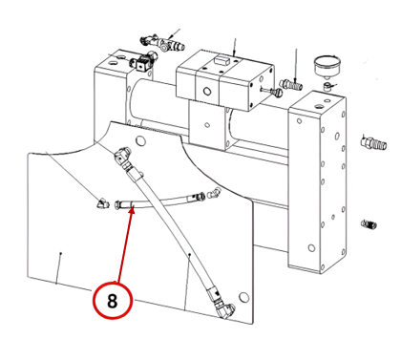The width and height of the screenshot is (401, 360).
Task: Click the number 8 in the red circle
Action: tap(112, 301)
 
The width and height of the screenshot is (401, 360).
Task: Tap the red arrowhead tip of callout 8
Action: tap(133, 206)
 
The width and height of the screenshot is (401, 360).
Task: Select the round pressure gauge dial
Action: tap(327, 65)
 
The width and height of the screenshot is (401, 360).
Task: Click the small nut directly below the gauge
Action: tap(326, 86)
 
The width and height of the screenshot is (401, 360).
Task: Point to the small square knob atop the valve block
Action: tap(222, 59)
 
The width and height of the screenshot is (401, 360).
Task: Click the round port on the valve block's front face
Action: tap(207, 92)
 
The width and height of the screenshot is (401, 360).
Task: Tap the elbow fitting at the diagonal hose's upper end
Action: tap(122, 155)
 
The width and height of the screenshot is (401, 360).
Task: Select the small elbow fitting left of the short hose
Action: tap(103, 203)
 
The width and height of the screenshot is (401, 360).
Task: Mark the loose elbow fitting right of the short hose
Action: tap(214, 193)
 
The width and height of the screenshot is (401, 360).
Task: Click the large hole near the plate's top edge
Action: tap(140, 140)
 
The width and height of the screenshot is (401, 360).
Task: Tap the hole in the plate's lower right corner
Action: tap(243, 297)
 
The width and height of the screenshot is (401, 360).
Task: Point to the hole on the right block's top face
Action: tap(318, 106)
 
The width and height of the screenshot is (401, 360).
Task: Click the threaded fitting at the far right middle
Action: tap(373, 142)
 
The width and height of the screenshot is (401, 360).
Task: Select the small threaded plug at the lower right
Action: tap(369, 224)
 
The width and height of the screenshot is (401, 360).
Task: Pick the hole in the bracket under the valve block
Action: tap(207, 125)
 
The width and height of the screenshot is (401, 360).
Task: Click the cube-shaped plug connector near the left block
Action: tap(140, 65)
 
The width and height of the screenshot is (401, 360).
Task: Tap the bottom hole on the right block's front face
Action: tap(311, 248)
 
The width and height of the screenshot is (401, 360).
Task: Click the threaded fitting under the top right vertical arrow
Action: tap(291, 85)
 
